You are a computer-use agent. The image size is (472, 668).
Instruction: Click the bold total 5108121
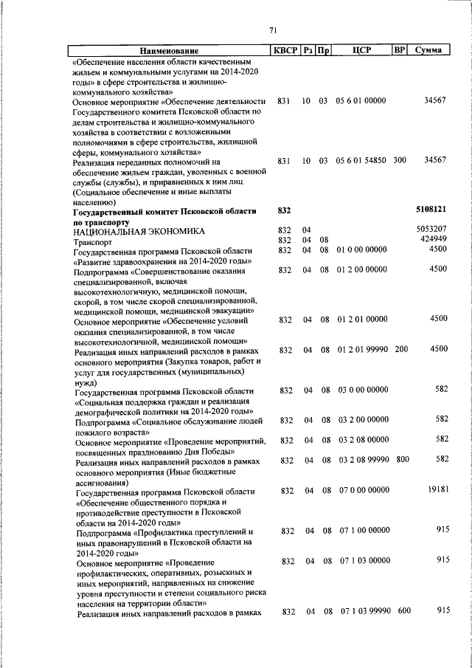click(x=431, y=210)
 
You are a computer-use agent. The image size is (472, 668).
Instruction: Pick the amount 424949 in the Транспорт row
click(x=434, y=240)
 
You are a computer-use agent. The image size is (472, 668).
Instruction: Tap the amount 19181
click(x=436, y=490)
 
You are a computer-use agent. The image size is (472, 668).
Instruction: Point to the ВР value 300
click(x=399, y=160)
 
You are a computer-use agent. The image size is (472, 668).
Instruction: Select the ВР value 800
click(x=402, y=460)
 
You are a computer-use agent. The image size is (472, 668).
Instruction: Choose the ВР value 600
click(x=403, y=611)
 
